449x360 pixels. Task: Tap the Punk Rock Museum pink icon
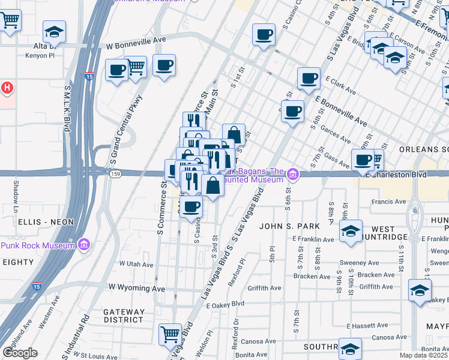point(85,245)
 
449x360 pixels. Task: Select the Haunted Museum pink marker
point(293,175)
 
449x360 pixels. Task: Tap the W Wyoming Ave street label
point(136,289)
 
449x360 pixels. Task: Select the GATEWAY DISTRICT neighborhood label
point(124,316)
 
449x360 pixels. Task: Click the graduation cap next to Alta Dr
point(55,31)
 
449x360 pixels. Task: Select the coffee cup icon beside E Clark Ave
point(309,77)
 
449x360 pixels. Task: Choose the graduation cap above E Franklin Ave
point(351,230)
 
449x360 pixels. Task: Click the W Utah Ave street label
point(136,263)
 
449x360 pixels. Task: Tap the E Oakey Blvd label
point(226,305)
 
